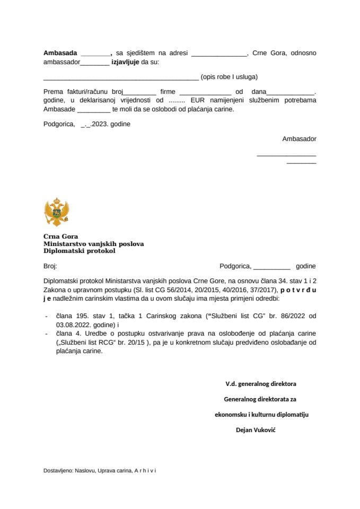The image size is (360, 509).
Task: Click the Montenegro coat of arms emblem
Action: coord(57,213)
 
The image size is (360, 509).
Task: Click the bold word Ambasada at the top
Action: coord(60,53)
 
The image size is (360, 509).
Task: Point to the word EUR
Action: coord(197,100)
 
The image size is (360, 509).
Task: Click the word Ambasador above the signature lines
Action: coord(299,139)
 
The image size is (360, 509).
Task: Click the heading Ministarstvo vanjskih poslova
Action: coord(93,244)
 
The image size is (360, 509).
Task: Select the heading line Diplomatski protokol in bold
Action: coord(79,251)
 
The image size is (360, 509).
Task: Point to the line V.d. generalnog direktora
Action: coord(260,383)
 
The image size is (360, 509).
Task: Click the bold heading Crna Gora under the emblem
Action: coord(60,237)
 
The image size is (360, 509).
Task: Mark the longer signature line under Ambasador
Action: coord(286,155)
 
